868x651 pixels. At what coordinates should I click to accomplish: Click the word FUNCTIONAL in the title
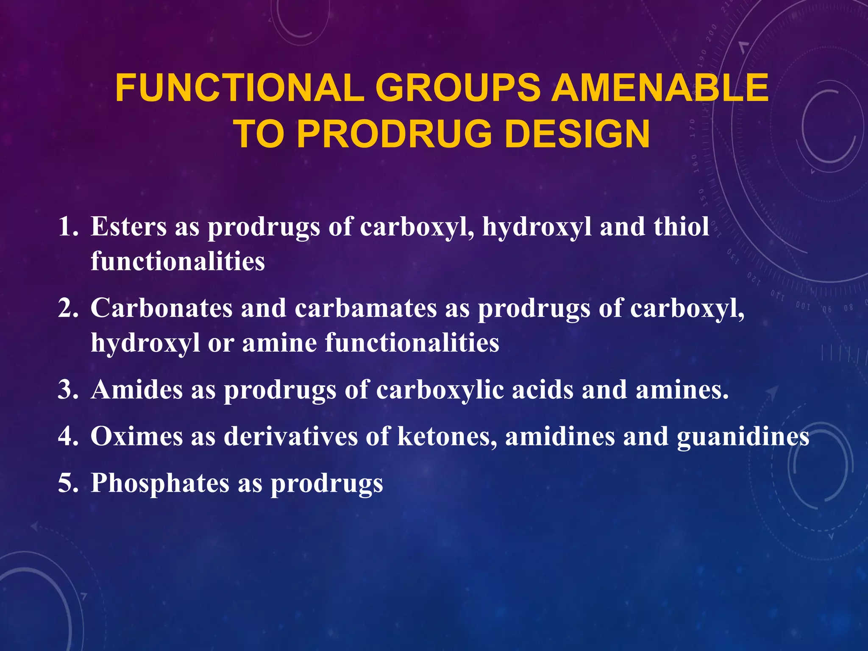(x=239, y=88)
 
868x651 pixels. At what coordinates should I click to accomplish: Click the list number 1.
(x=68, y=226)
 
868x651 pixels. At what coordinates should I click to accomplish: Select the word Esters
(x=128, y=226)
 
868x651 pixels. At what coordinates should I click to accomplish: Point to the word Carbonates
(x=161, y=308)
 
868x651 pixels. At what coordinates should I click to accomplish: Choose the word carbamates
(x=365, y=308)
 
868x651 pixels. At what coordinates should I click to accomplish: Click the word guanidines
(x=743, y=437)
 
